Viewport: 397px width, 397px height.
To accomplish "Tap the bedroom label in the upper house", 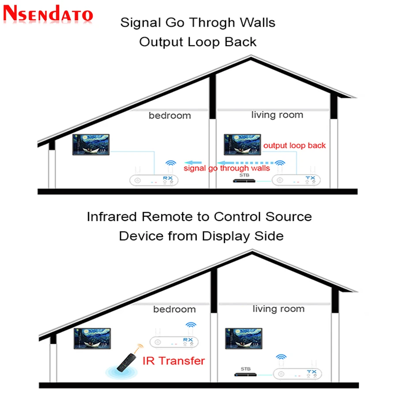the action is point(170,116).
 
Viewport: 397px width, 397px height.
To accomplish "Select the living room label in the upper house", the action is point(277,115).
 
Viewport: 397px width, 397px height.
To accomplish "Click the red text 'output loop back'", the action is point(294,146).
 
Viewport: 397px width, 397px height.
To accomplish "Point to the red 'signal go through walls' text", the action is point(227,168).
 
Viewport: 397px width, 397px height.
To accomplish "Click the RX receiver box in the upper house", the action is point(154,180).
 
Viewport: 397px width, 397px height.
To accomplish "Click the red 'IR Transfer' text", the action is point(174,361).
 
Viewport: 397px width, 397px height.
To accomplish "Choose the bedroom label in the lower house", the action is point(174,309).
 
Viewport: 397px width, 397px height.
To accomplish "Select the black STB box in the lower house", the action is point(245,375).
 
